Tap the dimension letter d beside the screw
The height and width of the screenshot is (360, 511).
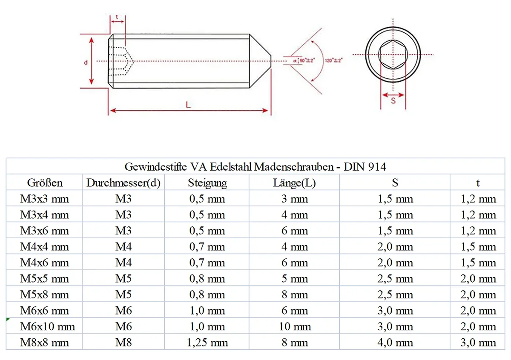tap(86, 62)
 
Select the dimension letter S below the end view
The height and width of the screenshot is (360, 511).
tap(393, 101)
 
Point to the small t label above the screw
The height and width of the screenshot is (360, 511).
tap(117, 18)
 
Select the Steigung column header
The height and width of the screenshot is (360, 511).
tap(207, 183)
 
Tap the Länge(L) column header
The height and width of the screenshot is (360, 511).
tap(294, 183)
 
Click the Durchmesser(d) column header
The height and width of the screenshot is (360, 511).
tap(123, 183)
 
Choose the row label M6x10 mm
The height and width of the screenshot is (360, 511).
tap(47, 327)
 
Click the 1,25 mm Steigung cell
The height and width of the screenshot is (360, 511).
tap(207, 343)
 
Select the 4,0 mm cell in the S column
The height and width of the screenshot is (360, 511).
tap(395, 343)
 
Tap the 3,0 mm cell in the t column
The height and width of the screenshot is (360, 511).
tap(478, 343)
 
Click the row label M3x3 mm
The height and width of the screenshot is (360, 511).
tap(44, 199)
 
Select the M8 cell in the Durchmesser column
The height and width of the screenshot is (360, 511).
tap(123, 343)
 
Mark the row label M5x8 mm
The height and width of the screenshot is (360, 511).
tap(44, 295)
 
